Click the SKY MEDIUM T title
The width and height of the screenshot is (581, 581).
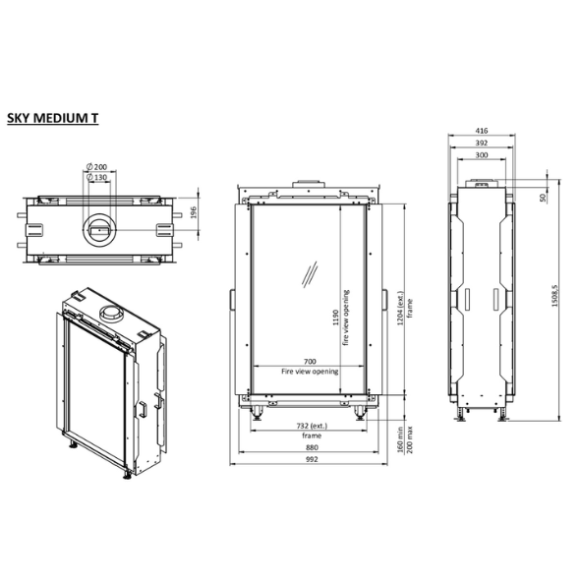[53, 118]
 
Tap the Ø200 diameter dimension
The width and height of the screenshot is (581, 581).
[96, 167]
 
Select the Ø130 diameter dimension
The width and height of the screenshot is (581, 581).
[96, 178]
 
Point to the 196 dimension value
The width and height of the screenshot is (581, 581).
[194, 212]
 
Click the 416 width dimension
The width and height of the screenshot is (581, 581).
[482, 131]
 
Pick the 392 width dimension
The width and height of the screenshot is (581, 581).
[482, 143]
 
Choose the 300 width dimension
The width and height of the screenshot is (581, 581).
[482, 155]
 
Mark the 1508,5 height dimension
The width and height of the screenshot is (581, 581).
[554, 296]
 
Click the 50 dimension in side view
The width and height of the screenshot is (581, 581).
[544, 198]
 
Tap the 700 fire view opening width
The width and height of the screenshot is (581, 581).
[310, 361]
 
